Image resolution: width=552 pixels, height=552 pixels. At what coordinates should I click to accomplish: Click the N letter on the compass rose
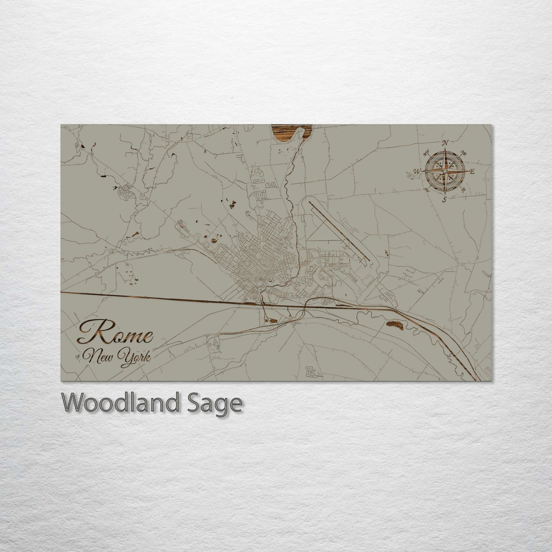(x=445, y=143)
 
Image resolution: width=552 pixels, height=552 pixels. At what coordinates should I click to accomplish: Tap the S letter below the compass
(x=445, y=200)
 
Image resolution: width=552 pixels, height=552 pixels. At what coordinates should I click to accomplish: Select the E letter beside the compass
(x=472, y=172)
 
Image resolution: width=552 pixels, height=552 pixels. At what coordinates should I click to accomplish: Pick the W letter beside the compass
(x=418, y=171)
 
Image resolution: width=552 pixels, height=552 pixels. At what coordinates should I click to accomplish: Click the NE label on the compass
(x=464, y=153)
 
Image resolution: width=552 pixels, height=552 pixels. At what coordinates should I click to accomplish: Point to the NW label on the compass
(x=427, y=155)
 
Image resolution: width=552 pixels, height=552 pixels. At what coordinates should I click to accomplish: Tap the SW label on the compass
(x=427, y=189)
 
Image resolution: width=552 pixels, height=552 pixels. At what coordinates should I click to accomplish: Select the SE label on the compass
(x=463, y=189)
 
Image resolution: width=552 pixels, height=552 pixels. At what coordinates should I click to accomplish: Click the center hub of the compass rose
(x=445, y=172)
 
